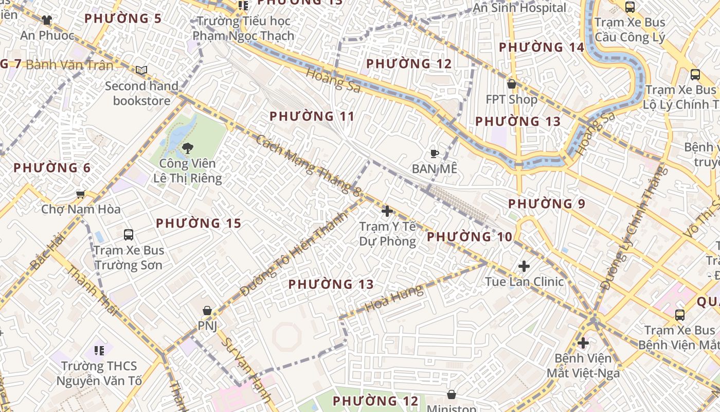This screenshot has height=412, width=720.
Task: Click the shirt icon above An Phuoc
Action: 47,20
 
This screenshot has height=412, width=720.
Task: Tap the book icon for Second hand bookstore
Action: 141,70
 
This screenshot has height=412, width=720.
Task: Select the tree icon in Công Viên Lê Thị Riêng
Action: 188,148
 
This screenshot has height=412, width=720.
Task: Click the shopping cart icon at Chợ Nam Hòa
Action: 80,194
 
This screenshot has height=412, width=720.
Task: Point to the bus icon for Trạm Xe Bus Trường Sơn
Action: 129,235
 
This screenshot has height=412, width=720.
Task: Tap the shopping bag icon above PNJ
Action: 207,311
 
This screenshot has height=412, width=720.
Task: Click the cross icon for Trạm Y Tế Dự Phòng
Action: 387,211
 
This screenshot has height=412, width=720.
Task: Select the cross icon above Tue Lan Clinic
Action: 524,266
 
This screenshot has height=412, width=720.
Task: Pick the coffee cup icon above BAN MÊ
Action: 435,153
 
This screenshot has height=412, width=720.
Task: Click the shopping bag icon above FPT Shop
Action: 511,83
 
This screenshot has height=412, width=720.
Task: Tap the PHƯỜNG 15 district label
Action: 199,224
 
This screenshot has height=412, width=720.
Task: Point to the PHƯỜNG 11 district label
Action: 312,116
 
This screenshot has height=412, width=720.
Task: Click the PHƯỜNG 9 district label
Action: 547,204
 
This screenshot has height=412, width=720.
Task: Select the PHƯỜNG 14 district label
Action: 542,47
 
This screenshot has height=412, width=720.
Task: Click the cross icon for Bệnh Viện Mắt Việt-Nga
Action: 583,343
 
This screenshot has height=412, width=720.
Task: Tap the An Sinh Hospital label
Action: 519,8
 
